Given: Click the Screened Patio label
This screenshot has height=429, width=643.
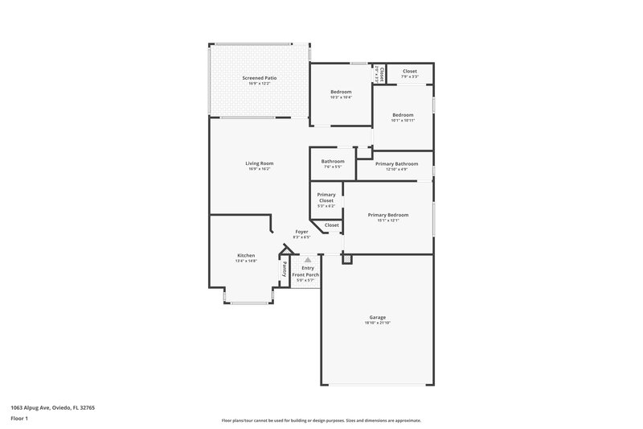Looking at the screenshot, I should coord(259,78).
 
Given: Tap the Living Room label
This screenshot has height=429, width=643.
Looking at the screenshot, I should coord(260,163).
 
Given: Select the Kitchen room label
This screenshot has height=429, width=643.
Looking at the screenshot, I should coord(246,255).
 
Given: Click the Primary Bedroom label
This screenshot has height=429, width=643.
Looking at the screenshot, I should coord(388,215).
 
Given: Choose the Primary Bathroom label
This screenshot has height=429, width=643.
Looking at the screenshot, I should coord(396,164).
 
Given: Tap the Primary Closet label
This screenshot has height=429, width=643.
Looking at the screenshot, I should coord(326,197).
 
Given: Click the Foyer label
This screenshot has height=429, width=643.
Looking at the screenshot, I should coord(301,232).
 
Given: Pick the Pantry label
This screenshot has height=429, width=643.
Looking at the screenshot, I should coord(285,270).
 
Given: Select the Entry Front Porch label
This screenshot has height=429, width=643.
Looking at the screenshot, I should coord(305,271).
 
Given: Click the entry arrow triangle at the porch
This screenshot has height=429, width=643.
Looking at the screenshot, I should coord(306,260).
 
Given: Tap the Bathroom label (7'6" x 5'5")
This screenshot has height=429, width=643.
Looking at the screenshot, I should coord(333,161).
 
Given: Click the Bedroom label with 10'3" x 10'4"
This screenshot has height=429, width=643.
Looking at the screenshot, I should coord(341,93).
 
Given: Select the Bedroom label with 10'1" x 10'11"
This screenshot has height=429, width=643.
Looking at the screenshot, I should coord(403,115).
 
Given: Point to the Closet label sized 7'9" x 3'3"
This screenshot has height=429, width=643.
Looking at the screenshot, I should coord(410,72).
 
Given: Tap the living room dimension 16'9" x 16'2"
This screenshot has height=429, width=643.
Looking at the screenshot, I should coord(260,169).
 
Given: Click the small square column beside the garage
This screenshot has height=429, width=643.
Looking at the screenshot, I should coord(347,259).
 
